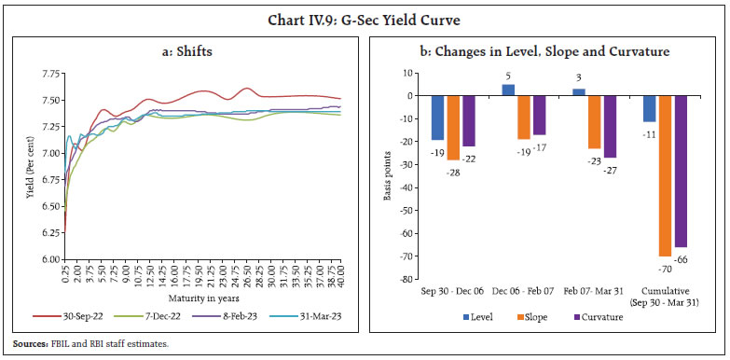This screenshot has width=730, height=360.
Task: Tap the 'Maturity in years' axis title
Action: pos(200,298)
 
